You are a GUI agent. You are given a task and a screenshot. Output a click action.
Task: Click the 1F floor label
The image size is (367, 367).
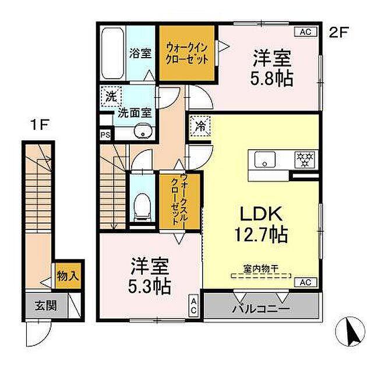(x=38, y=124)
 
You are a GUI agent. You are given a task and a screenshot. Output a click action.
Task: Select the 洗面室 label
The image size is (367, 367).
(x=135, y=113)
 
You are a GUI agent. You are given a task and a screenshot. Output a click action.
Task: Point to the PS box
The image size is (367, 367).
(x=105, y=135)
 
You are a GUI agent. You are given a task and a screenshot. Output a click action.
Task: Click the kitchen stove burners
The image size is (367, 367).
(x=304, y=158)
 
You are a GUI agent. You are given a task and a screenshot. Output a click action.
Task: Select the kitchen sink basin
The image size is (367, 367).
(x=264, y=158)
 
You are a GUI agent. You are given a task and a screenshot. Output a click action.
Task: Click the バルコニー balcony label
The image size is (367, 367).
(x=262, y=308)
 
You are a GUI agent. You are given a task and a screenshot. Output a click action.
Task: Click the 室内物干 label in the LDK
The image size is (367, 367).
(x=260, y=269)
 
